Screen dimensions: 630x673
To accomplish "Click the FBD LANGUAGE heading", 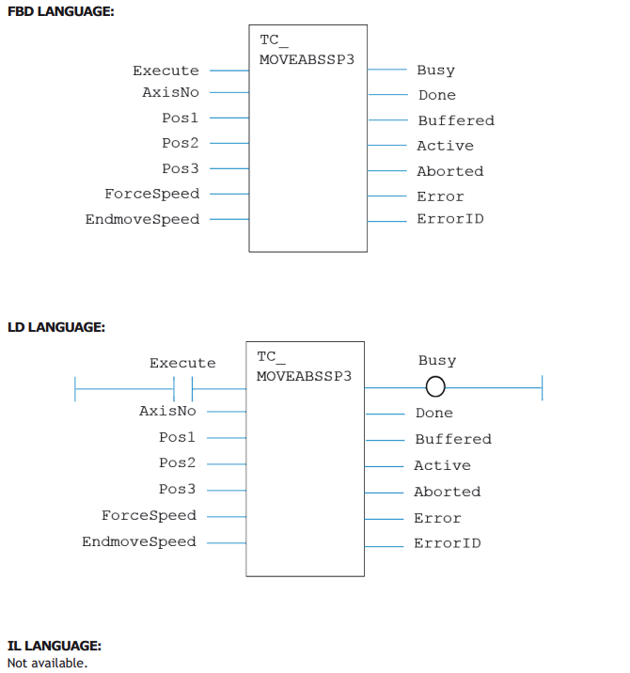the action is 61,11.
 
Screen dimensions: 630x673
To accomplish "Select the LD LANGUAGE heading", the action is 56,327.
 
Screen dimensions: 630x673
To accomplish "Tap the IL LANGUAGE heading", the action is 55,646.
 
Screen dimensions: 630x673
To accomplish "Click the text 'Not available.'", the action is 47,663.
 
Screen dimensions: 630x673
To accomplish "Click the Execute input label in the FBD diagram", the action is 165,70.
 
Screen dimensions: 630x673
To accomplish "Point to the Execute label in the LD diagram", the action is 182,363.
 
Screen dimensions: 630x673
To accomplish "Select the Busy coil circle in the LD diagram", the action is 435,386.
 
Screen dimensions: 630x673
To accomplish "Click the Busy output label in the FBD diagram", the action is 436,70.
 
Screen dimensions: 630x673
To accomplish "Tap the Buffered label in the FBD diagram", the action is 456,120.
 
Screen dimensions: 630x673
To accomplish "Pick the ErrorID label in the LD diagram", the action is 448,543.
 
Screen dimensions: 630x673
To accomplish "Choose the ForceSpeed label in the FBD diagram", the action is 152,194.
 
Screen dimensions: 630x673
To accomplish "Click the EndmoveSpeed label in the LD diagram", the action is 139,542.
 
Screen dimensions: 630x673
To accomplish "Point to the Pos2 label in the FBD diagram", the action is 181,143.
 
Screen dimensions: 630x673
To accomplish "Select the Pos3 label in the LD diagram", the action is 178,489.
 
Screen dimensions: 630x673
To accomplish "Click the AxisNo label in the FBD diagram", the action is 171,92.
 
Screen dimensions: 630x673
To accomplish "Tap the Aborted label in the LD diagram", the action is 448,492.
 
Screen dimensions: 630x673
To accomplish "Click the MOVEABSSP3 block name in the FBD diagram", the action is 307,59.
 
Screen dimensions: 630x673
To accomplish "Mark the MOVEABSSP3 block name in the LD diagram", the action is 304,376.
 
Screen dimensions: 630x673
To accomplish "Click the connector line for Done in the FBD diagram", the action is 387,94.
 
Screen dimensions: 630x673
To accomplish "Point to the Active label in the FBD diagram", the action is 446,146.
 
